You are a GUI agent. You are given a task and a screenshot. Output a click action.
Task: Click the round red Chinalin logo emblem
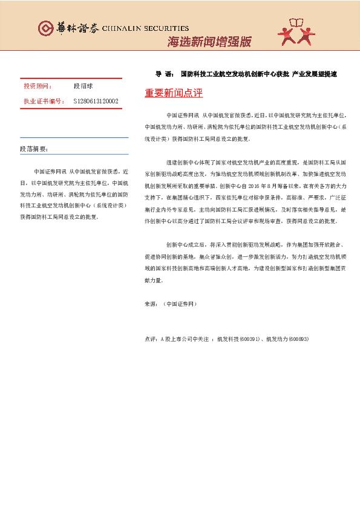[46, 28]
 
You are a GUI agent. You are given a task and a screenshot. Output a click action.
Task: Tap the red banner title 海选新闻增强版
[208, 42]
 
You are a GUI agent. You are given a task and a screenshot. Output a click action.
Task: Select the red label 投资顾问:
[38, 86]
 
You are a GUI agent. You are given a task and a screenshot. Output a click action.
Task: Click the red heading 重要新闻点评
[174, 93]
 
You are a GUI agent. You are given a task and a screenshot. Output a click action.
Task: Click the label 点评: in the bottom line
[152, 339]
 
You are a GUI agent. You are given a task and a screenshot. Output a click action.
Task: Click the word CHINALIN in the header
[123, 28]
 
